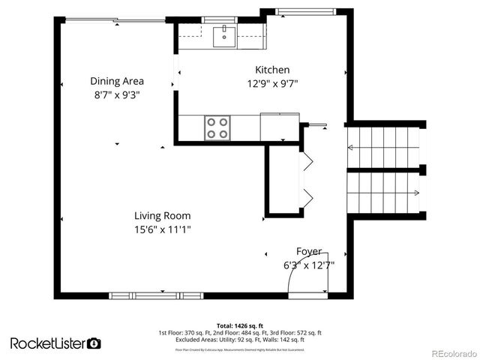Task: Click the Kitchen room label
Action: coord(272,70)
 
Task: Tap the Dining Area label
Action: coord(117,81)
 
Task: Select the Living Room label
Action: coord(163,215)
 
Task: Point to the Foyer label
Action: coord(308,251)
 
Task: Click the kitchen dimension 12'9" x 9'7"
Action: coord(273,84)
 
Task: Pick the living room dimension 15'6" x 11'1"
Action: coord(163,229)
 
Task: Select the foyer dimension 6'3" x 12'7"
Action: coord(308,265)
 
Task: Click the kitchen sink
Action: coord(223,35)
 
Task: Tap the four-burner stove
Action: coord(217,127)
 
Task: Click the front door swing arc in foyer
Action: coord(285,279)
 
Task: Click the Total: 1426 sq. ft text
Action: coord(239,325)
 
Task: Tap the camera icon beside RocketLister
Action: coord(94,343)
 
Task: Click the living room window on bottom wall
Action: coord(157,295)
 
